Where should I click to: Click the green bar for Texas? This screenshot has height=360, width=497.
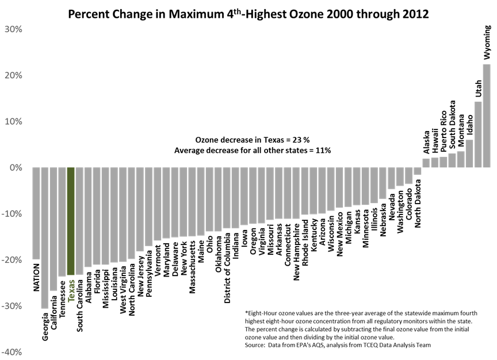click(71, 221)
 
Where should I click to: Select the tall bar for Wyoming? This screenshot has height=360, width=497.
click(486, 115)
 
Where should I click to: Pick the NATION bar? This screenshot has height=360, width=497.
click(36, 213)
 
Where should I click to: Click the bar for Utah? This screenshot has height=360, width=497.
click(477, 135)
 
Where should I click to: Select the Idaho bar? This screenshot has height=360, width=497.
click(469, 154)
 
